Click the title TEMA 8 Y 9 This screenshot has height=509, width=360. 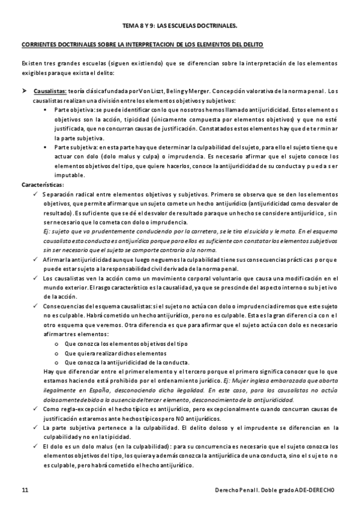179,26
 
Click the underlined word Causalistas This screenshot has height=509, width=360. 50,91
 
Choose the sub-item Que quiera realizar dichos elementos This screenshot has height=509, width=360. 116,354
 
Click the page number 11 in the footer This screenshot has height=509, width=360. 25,490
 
